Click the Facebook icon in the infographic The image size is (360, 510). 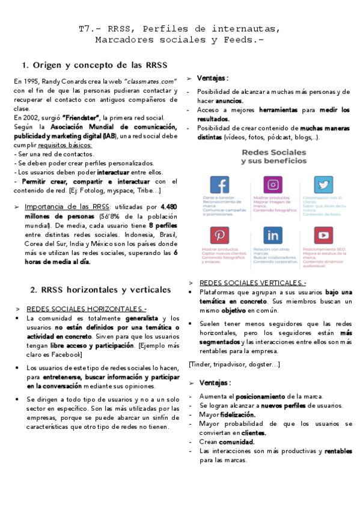point(219,185)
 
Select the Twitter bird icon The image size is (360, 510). point(323,185)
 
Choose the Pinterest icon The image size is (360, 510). point(219,235)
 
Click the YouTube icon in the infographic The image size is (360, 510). point(323,235)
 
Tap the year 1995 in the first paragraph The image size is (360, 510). point(32,81)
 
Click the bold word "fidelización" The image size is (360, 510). point(237,414)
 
